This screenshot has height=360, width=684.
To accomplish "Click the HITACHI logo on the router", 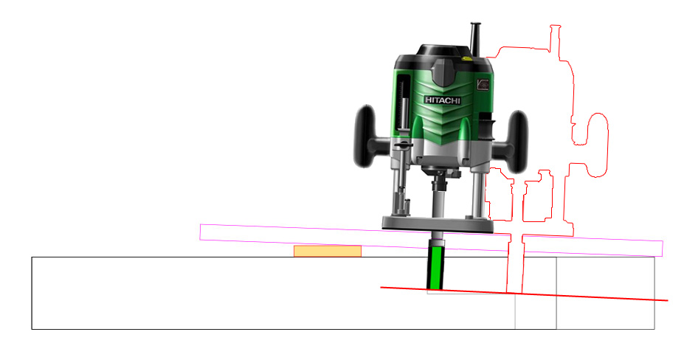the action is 443,100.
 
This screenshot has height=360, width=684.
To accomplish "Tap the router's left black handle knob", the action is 365,136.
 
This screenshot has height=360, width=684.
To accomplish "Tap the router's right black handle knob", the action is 517,141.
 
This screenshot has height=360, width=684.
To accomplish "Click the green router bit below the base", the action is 435,268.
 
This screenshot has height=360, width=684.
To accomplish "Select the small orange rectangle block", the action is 328,252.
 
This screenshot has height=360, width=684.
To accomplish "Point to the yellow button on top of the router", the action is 466,57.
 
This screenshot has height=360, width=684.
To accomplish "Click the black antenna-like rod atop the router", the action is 475,39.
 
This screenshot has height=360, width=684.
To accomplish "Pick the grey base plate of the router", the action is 438,224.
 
